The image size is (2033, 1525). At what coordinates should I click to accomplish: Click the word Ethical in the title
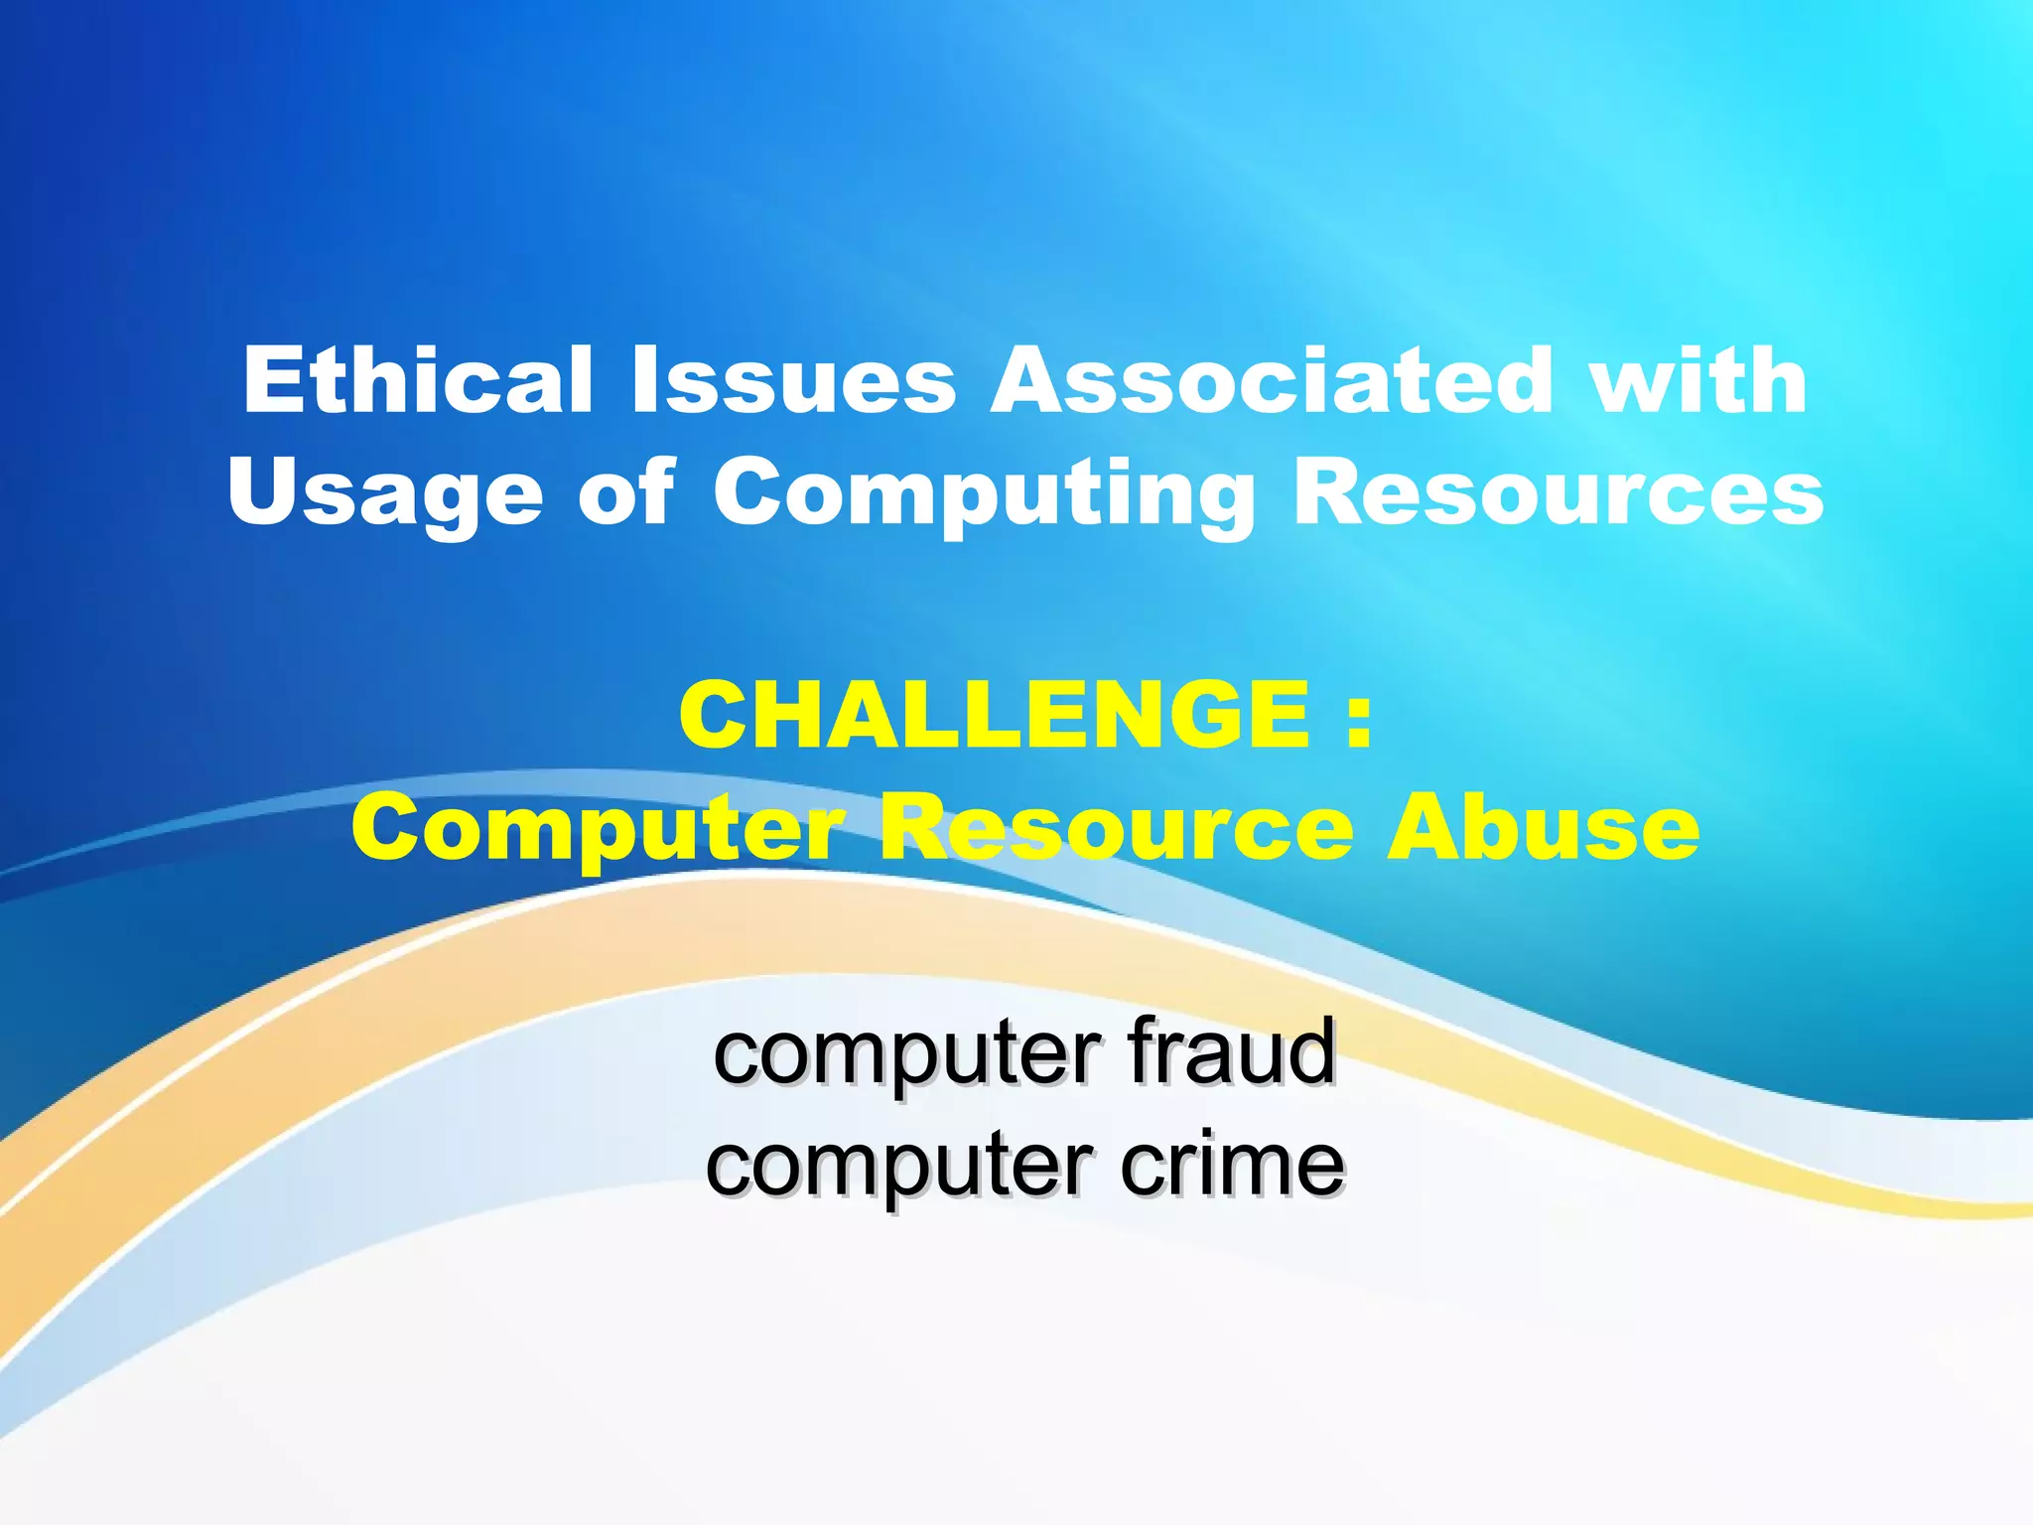pos(418,380)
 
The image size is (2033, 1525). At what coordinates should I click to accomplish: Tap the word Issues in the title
pos(793,380)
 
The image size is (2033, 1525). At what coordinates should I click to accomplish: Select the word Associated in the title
pos(1272,380)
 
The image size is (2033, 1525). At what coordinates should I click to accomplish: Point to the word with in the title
pos(1698,380)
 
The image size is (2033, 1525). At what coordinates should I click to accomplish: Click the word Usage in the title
pos(385,493)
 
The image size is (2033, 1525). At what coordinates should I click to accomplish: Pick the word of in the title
pos(625,493)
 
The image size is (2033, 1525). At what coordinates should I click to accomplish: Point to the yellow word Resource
pos(1118,829)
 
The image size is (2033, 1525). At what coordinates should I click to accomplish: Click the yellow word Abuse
pos(1543,829)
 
